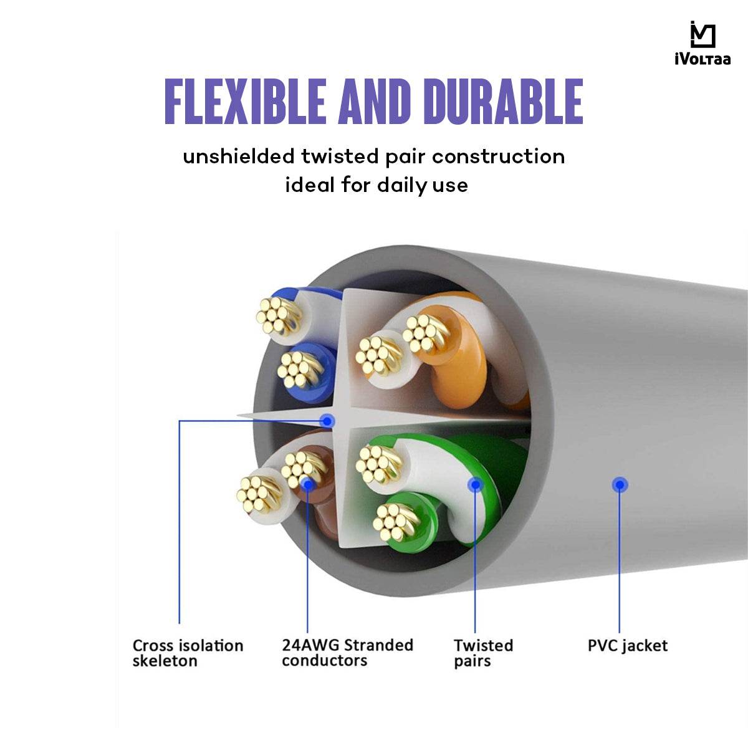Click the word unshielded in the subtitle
click(238, 156)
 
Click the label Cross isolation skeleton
click(188, 653)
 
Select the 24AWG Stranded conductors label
click(347, 653)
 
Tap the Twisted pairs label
click(483, 653)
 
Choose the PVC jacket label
click(627, 645)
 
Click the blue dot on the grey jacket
click(619, 484)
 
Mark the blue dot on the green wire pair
click(475, 484)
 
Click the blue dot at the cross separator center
click(327, 421)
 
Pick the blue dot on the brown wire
click(307, 483)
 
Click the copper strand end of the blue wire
click(299, 369)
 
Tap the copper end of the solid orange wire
click(426, 332)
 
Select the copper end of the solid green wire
click(397, 521)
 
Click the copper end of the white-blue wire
click(278, 315)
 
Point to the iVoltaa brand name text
click(702, 60)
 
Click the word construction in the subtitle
click(498, 156)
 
